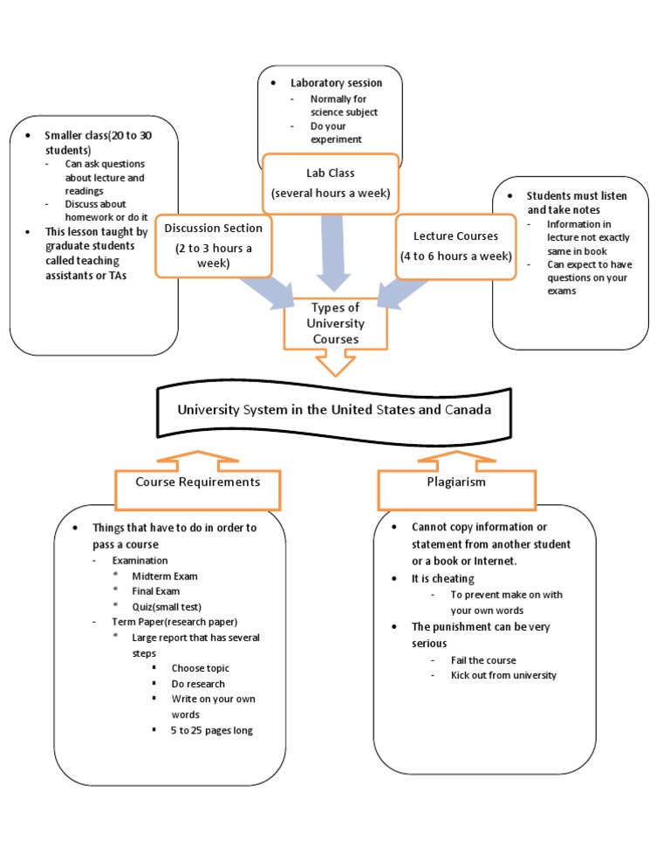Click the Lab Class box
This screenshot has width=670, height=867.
[x=331, y=183]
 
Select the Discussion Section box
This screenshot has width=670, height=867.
[x=213, y=245]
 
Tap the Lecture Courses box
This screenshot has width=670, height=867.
[x=456, y=246]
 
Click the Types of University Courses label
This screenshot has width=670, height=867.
[x=335, y=324]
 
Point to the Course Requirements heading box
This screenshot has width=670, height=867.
[x=198, y=481]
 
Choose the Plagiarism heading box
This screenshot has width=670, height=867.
[x=457, y=481]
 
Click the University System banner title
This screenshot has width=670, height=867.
[x=333, y=409]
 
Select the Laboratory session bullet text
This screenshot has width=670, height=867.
[x=336, y=83]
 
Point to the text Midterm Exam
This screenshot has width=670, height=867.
[x=165, y=577]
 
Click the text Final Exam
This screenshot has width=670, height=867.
[x=156, y=591]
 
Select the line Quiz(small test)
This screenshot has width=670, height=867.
[x=167, y=607]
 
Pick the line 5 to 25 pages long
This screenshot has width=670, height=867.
[x=212, y=730]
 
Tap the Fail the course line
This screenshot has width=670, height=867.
[x=483, y=660]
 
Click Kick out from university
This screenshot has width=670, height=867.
[x=503, y=675]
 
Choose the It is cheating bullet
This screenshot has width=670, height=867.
[x=442, y=578]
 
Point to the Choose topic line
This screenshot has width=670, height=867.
[x=201, y=668]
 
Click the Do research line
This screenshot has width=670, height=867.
[x=198, y=684]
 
